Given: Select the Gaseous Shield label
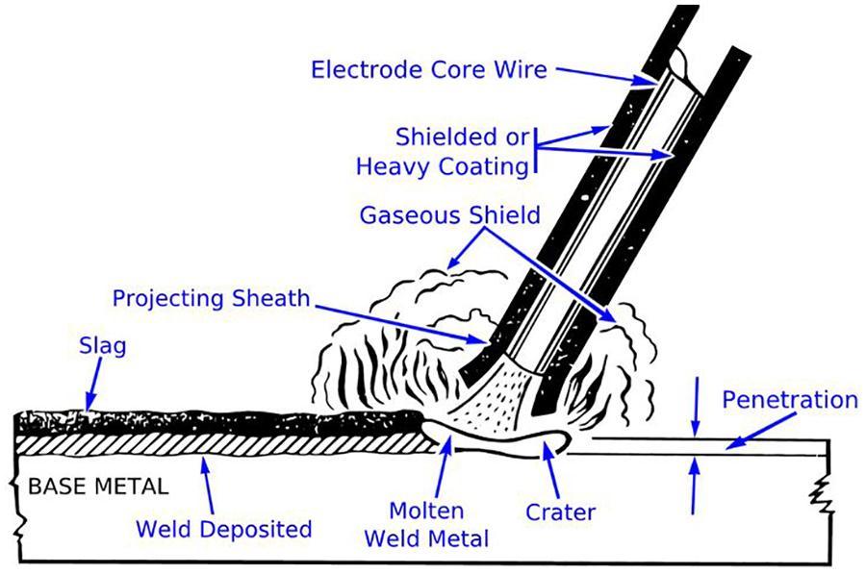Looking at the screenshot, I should click(449, 214).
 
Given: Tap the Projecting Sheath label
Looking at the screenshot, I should click(212, 297).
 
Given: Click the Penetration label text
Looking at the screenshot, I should click(789, 399).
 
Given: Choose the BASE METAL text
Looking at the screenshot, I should click(97, 486).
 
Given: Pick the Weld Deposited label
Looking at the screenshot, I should click(223, 529).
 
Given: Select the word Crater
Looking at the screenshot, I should click(561, 512).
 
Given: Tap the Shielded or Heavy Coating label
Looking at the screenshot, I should click(444, 150).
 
